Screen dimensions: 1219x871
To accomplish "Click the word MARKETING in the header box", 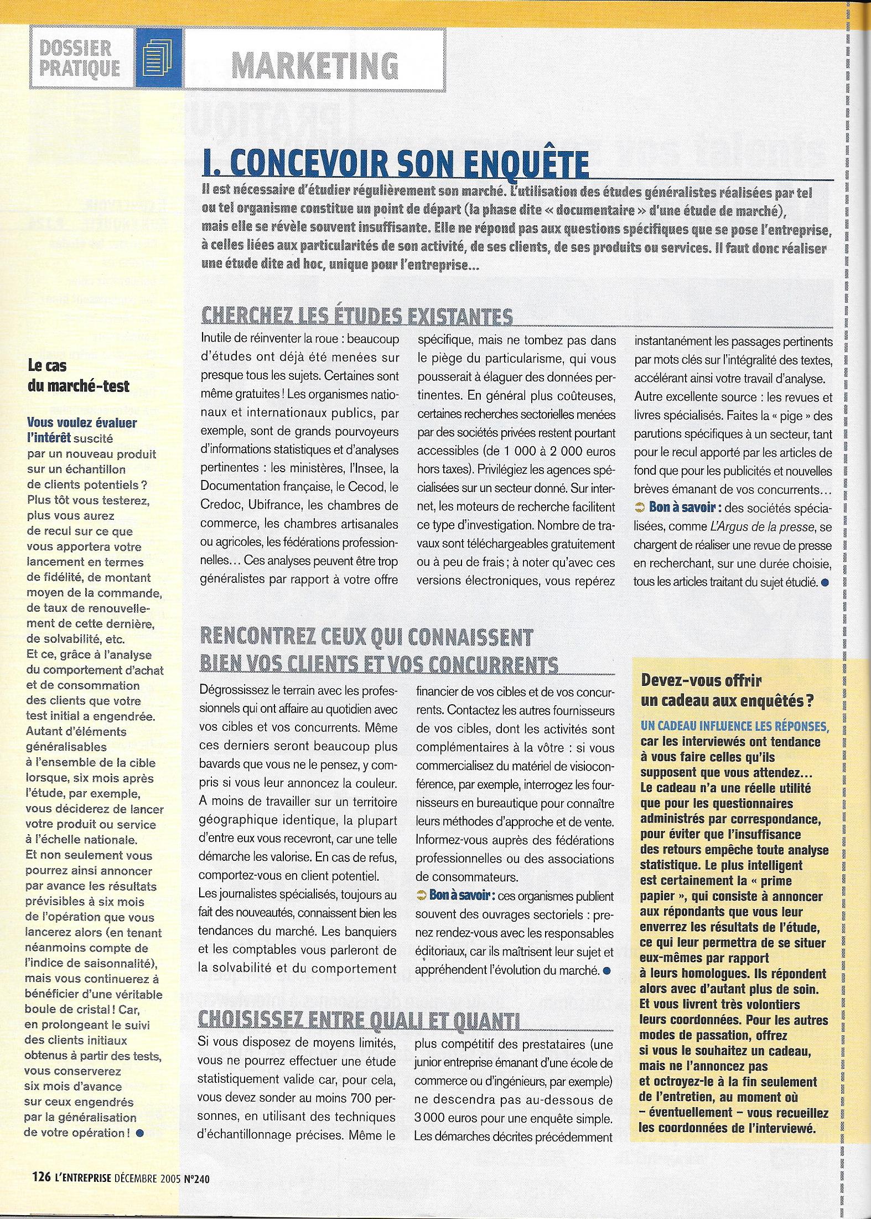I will pos(315,66).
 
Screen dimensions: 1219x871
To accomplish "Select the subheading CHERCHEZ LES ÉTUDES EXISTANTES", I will pos(356,316).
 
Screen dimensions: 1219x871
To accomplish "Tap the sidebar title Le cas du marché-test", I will pos(79,376).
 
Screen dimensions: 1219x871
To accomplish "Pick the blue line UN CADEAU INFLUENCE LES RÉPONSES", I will pos(730,726).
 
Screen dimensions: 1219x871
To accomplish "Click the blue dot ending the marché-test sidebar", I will pos(139,1132).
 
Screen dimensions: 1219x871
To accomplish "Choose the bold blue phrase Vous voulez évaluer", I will pos(82,422).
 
